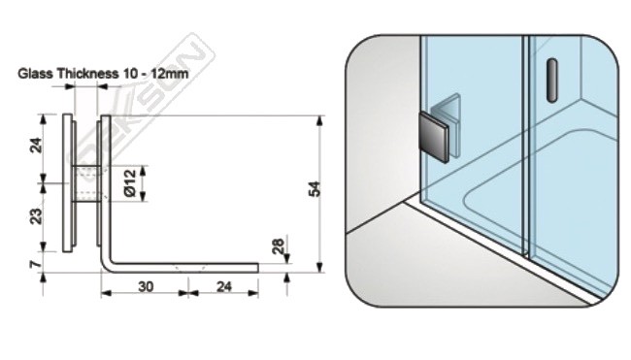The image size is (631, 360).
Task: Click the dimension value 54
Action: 315,189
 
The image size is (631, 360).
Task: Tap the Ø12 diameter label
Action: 130,183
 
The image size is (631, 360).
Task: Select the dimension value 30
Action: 146,286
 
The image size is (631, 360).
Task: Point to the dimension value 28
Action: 278,246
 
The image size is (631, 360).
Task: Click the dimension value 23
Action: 37,216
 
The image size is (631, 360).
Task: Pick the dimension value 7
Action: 36,264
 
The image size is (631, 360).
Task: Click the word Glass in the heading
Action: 35,74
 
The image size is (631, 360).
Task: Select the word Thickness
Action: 87,74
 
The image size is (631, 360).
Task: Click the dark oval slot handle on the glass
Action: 552,80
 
